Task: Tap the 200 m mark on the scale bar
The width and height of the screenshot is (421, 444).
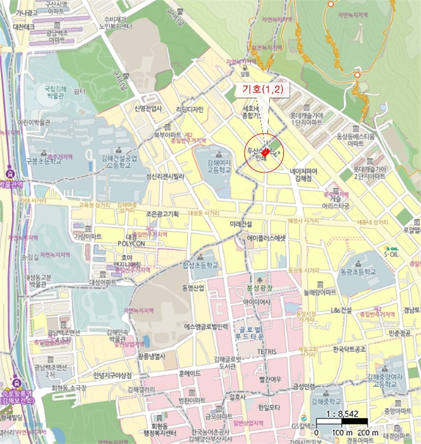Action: tap(368, 433)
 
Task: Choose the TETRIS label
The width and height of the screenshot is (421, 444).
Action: tap(267, 351)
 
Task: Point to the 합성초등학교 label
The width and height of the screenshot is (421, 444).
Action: tap(200, 264)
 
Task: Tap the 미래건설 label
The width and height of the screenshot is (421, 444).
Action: tap(241, 225)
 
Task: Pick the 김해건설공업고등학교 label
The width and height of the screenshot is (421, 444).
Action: tap(123, 160)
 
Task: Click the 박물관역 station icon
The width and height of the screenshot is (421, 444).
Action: tap(10, 173)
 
